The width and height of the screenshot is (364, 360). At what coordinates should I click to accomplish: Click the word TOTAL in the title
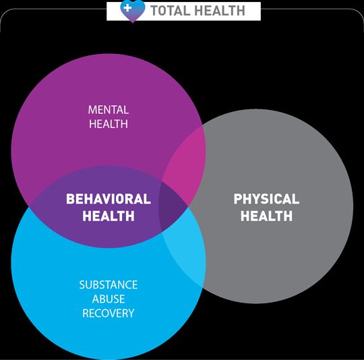(169, 11)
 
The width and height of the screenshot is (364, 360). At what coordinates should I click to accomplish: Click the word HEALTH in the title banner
(220, 11)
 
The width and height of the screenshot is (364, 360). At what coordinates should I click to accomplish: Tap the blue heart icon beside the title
(133, 11)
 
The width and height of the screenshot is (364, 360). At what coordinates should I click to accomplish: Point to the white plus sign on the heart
(127, 8)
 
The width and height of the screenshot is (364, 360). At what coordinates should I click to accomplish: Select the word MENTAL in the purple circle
(108, 110)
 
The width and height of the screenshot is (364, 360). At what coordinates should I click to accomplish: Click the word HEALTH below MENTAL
(109, 124)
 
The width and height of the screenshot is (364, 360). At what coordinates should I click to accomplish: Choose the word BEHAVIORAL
(109, 199)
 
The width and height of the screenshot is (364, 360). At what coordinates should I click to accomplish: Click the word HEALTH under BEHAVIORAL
(109, 216)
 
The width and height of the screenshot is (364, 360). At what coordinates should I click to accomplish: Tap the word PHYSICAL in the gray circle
(266, 199)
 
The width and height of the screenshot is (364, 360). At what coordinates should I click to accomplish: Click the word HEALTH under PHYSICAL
(266, 216)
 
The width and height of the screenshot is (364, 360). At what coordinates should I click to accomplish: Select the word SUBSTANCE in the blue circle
(109, 284)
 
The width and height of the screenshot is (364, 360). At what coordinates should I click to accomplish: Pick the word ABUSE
(109, 299)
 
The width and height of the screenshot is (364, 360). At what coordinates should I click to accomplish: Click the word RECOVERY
(109, 313)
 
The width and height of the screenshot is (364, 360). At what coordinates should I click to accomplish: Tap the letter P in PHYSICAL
(238, 199)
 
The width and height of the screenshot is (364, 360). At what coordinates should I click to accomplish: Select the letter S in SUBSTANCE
(82, 284)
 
